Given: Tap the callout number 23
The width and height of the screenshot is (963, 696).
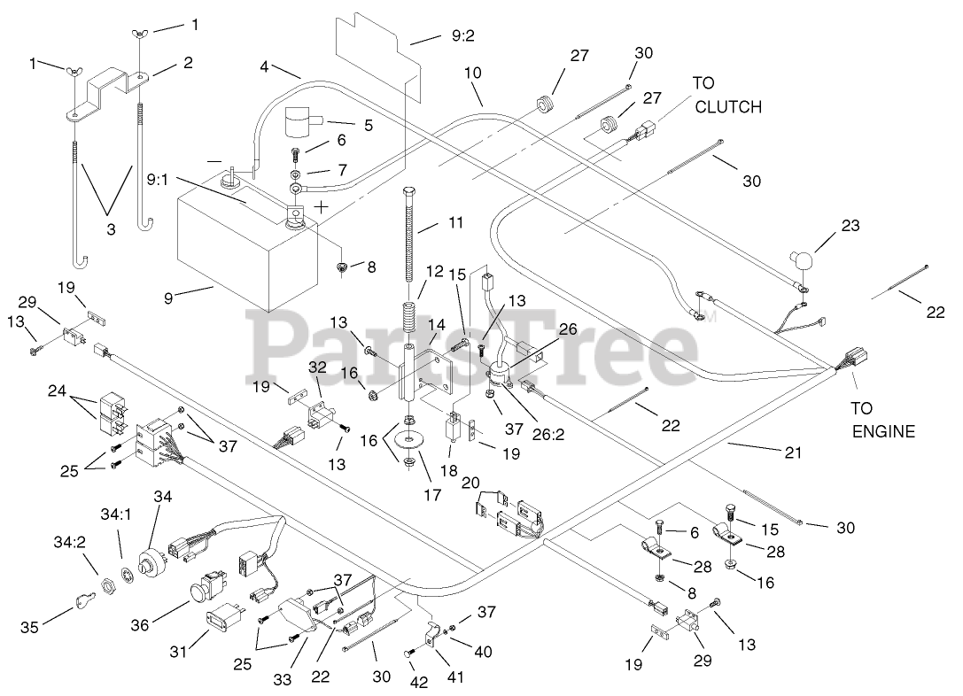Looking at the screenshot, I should click(x=850, y=227).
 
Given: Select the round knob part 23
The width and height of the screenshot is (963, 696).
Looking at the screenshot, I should click(x=803, y=259).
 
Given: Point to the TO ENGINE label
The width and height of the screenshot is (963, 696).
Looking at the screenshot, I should click(x=883, y=421).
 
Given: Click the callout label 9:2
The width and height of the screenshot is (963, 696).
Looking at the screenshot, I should click(x=462, y=37).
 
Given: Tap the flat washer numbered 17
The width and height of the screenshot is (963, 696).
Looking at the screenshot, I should click(x=410, y=440).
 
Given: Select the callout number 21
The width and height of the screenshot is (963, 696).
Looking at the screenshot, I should click(x=792, y=452).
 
